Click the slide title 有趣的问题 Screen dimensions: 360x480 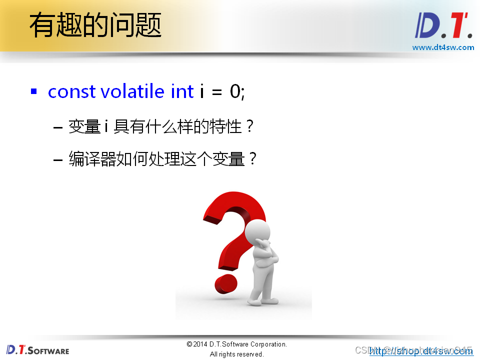pos(95,26)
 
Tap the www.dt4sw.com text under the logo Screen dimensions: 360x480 pos(443,47)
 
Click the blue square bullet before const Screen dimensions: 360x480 pos(34,91)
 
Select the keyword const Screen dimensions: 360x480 pos(71,91)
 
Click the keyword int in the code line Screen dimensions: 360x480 pos(182,91)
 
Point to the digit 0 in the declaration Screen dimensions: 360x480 pos(235,91)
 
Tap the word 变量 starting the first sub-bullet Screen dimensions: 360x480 pos(85,127)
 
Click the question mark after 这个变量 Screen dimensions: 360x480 pos(252,160)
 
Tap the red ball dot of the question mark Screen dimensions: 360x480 pos(226,284)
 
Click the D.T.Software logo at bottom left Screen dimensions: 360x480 pos(37,349)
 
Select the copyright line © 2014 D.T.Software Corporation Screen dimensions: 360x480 pos(236,344)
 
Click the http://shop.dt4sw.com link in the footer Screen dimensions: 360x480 pos(421,351)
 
